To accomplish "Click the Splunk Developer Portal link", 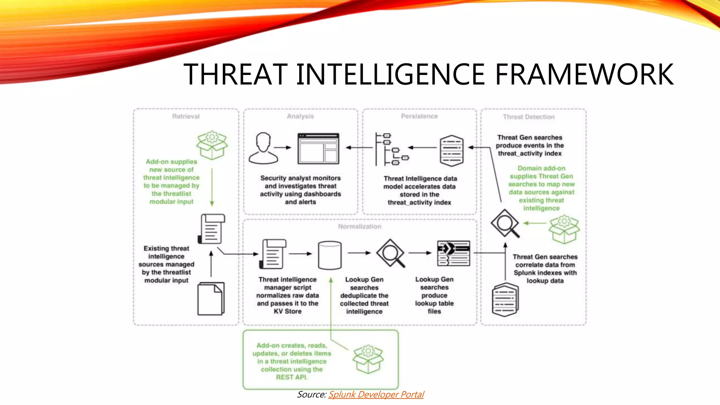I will [376, 394].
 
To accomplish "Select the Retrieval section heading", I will [186, 116].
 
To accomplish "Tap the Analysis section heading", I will [300, 116].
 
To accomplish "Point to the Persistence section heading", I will [419, 116].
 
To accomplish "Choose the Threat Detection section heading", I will [528, 117].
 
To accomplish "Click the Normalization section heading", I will [360, 226].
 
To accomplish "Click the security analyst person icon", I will [263, 148].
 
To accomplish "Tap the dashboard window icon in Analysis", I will [318, 148].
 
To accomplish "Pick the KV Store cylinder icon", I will [329, 255].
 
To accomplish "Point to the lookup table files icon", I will [454, 253].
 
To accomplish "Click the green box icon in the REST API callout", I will [368, 359].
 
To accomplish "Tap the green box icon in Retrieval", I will [212, 145].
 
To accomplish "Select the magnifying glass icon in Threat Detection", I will [505, 223].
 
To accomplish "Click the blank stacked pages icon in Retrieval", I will [211, 298].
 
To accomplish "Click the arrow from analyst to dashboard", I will [283, 148].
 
